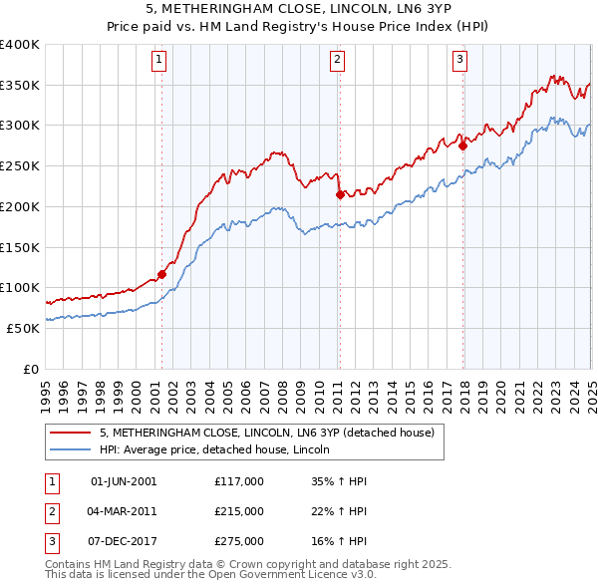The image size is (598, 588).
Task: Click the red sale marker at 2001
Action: click(161, 274)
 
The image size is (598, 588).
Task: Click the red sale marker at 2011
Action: click(340, 195)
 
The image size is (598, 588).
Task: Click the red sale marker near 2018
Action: click(463, 147)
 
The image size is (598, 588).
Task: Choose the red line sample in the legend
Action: click(71, 434)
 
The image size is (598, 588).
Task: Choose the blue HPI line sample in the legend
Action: click(71, 450)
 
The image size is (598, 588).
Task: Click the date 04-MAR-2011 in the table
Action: click(124, 511)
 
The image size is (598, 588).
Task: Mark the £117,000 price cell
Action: click(239, 481)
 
